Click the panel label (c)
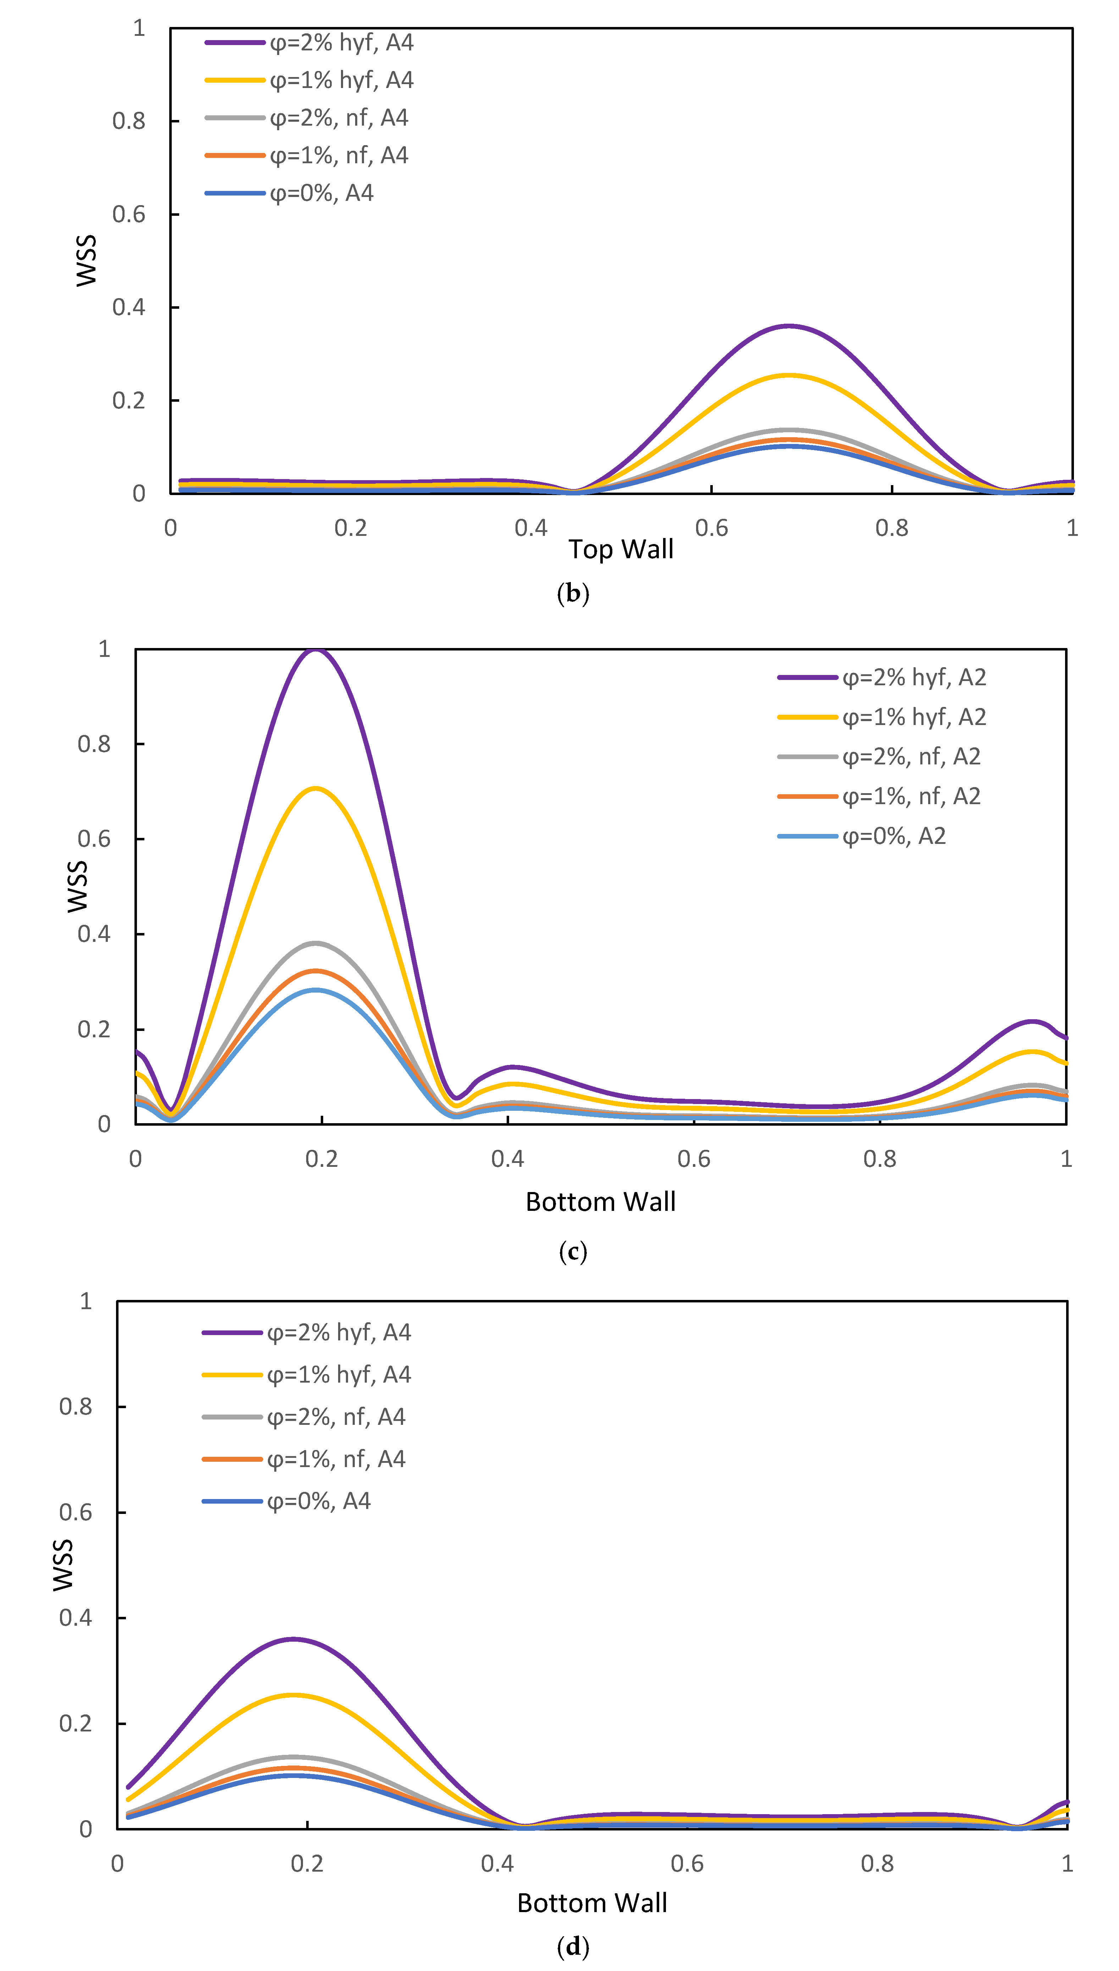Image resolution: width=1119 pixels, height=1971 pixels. coord(573,1251)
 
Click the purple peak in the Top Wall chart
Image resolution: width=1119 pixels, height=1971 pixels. coord(789,326)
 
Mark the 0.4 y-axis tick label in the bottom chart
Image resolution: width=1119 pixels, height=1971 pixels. coord(75,1618)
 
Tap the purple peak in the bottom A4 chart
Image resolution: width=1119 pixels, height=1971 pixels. coord(293,1639)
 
